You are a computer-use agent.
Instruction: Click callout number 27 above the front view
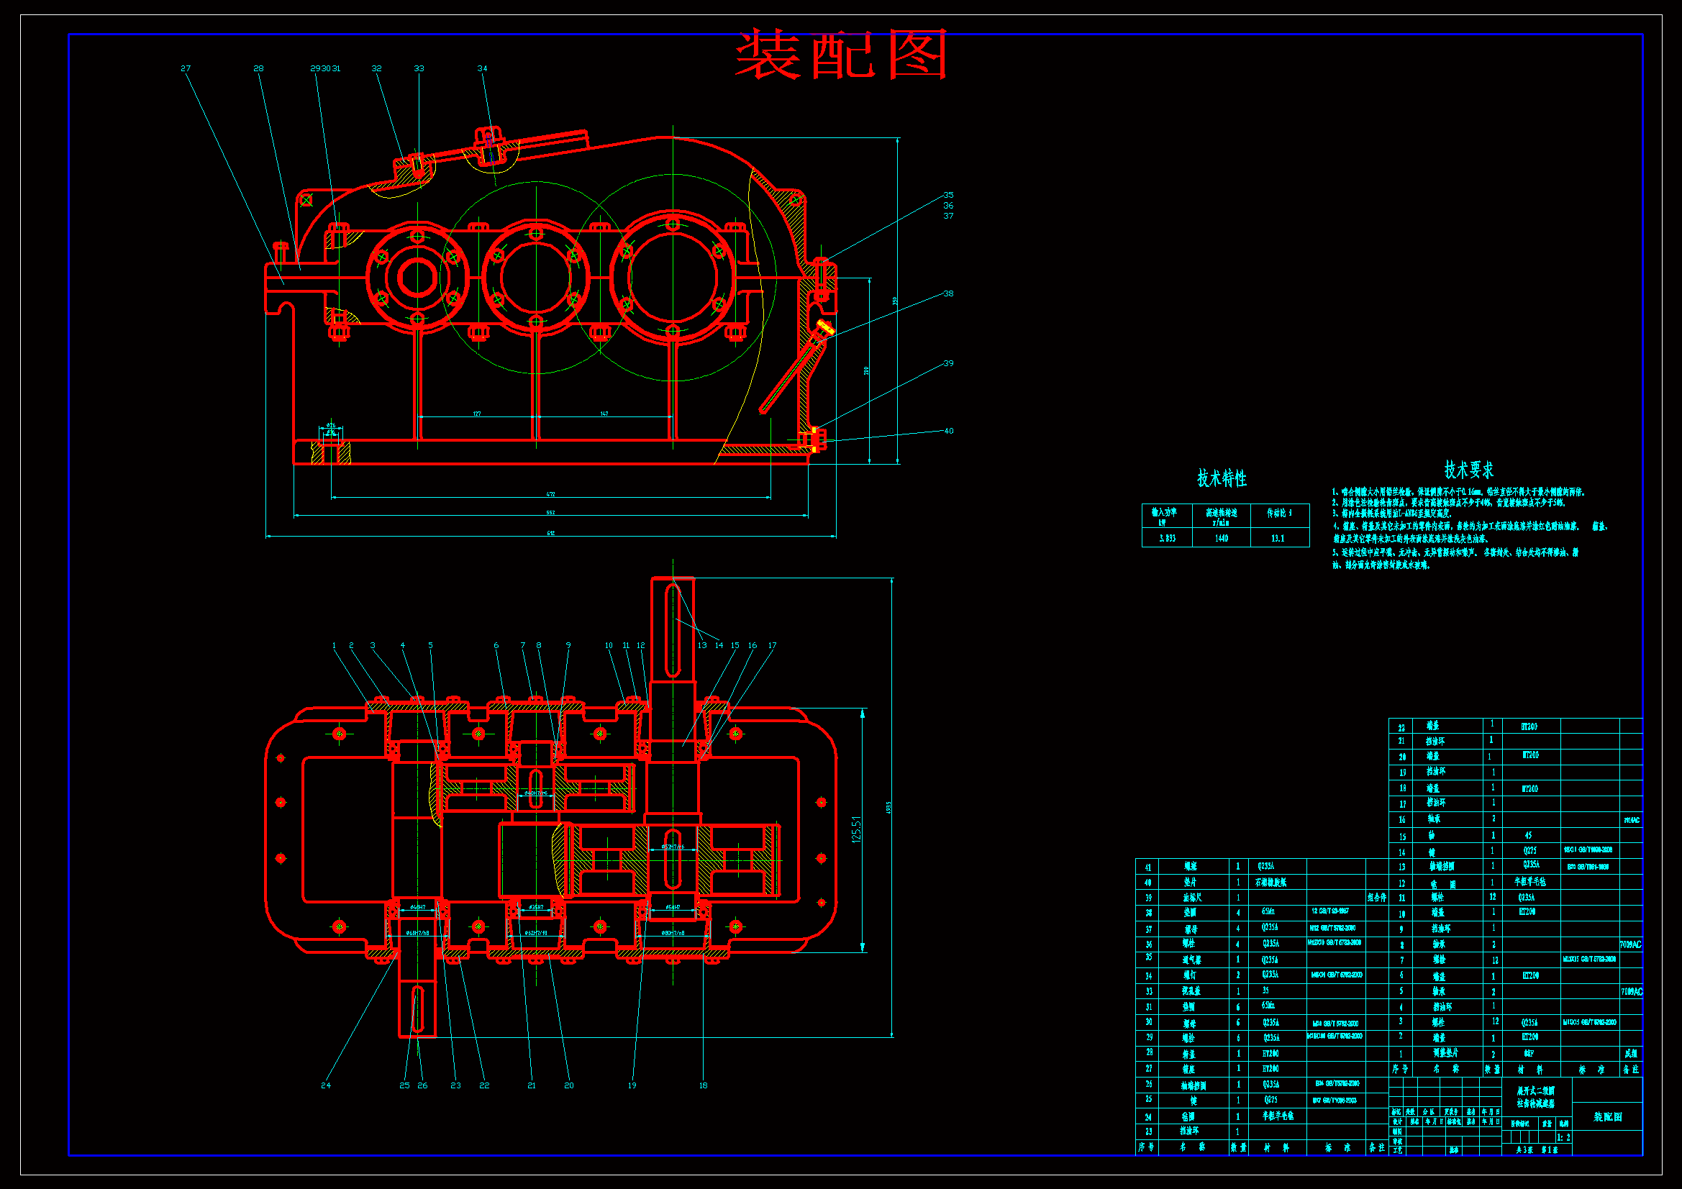[186, 69]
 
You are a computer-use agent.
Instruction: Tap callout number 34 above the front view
[482, 69]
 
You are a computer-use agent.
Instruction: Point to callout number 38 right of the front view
[948, 293]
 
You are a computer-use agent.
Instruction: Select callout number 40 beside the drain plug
[949, 431]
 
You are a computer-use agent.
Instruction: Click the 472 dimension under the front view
[551, 493]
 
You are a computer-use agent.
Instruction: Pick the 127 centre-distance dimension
[477, 414]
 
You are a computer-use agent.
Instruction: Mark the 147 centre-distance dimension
[604, 414]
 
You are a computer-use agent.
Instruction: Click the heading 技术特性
[1221, 478]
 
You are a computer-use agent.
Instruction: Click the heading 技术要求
[1468, 470]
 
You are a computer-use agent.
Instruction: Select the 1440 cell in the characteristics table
[1221, 539]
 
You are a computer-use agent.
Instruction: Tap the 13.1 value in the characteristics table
[1278, 539]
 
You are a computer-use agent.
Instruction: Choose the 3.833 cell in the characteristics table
[1167, 539]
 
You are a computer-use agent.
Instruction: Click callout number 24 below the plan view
[326, 1085]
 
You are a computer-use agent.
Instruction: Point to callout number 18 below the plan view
[704, 1085]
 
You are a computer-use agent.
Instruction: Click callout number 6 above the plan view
[496, 645]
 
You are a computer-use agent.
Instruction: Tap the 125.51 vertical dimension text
[856, 829]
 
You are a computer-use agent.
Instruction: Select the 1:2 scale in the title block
[1563, 1138]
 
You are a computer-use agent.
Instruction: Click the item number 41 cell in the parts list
[1148, 867]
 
